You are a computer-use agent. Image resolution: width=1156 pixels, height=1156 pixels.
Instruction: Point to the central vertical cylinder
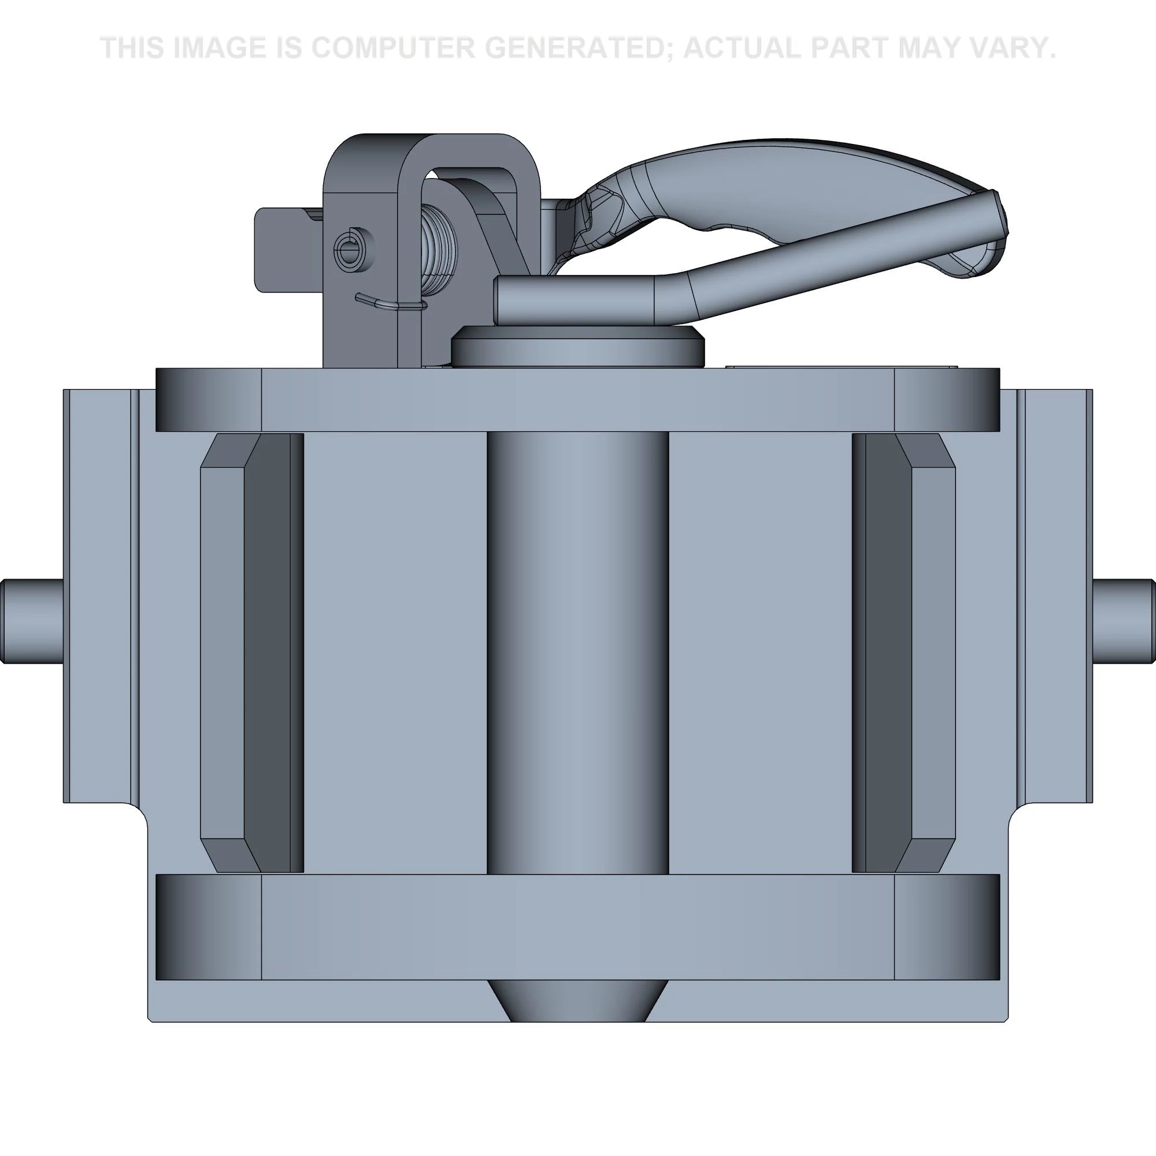(577, 652)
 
